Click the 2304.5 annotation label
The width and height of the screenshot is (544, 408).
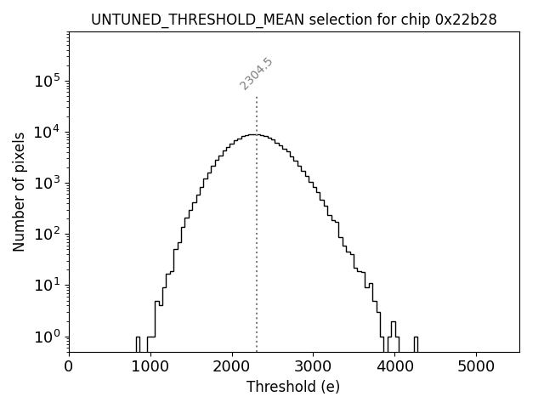pos(256,74)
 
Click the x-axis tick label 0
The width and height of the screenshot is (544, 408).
pos(69,367)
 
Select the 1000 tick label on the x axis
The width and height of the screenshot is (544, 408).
pos(150,367)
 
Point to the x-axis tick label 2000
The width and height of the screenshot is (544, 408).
pos(232,367)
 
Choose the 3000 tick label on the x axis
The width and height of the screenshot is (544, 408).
pos(313,367)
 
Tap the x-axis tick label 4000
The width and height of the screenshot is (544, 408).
pos(394,367)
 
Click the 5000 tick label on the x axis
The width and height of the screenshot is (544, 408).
pos(475,367)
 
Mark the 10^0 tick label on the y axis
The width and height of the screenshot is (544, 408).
pos(48,337)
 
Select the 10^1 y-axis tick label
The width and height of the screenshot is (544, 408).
pos(48,286)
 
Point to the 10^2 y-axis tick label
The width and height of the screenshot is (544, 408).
pos(48,235)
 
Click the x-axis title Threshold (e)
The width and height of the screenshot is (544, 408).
pos(293,388)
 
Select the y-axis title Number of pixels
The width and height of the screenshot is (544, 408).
pos(19,192)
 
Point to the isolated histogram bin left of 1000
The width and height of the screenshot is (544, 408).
pos(138,343)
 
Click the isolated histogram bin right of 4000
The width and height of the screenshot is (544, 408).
pos(416,343)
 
